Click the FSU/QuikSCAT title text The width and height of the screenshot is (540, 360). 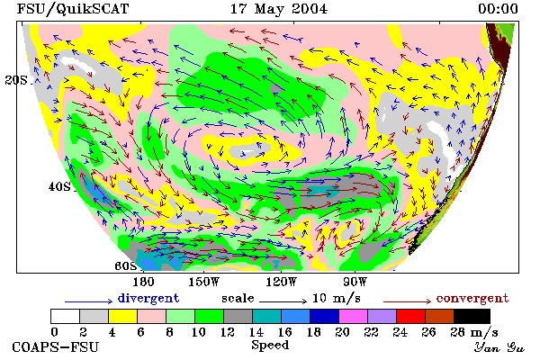(x=73, y=9)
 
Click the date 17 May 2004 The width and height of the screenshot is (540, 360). (x=279, y=9)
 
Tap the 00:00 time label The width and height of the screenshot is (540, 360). (x=498, y=9)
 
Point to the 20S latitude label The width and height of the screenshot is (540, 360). (x=16, y=80)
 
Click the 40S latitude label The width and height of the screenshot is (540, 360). (x=59, y=186)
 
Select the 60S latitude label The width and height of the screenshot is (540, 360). (x=126, y=265)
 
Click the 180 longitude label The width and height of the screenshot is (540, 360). (x=143, y=282)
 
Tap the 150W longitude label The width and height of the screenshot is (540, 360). (x=204, y=282)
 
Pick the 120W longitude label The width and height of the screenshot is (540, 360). (x=281, y=282)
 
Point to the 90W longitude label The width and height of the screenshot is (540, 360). (x=355, y=282)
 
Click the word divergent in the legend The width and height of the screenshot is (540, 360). (x=148, y=298)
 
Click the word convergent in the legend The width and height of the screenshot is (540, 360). (x=472, y=298)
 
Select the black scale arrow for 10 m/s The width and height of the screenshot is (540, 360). (x=283, y=301)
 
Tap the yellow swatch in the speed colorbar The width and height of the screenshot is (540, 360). (x=123, y=316)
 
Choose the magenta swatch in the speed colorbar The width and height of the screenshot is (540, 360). (x=354, y=316)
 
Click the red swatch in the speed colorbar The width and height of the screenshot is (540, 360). (x=411, y=316)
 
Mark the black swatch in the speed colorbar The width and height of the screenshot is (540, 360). (x=472, y=316)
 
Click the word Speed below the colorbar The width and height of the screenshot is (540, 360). (x=270, y=346)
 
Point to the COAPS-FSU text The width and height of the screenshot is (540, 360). (x=56, y=346)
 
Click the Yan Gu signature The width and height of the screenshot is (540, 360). (x=499, y=347)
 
